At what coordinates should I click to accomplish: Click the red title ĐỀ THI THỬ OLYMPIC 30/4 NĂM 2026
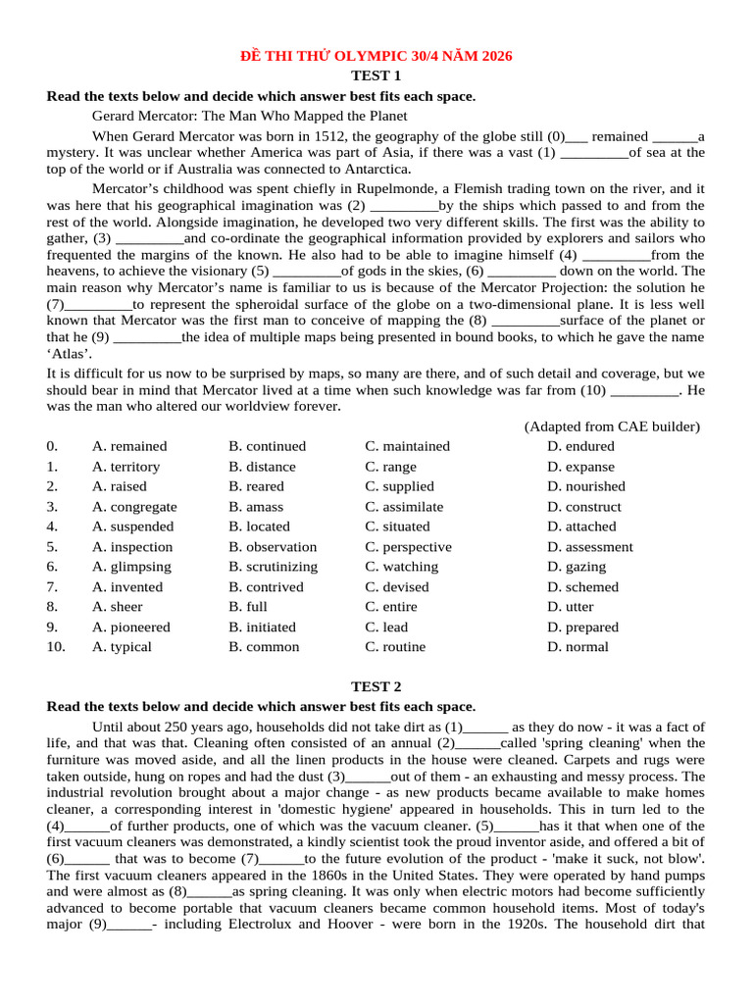(376, 57)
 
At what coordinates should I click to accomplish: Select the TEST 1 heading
(376, 75)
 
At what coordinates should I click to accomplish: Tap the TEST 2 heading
(376, 686)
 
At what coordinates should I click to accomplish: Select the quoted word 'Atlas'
(71, 354)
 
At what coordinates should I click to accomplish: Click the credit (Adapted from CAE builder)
(612, 427)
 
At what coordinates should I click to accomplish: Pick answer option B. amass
(256, 507)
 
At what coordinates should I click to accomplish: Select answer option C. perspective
(408, 547)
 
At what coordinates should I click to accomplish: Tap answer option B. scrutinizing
(273, 567)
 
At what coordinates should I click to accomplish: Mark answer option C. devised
(397, 587)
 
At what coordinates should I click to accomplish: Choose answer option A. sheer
(117, 607)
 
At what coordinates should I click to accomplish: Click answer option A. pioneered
(130, 627)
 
